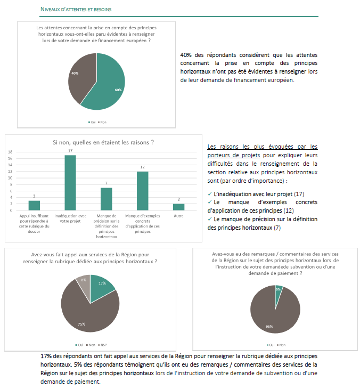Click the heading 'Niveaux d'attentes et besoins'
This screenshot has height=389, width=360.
[76, 10]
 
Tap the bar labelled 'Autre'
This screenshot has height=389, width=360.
[178, 207]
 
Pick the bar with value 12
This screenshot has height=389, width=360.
[142, 190]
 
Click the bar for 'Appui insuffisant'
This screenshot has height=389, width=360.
[34, 205]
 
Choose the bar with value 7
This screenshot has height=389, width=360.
[106, 199]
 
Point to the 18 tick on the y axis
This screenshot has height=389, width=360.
[10, 152]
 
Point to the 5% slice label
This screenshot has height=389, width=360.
[278, 289]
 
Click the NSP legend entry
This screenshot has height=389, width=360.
[110, 344]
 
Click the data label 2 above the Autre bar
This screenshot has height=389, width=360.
[178, 199]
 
